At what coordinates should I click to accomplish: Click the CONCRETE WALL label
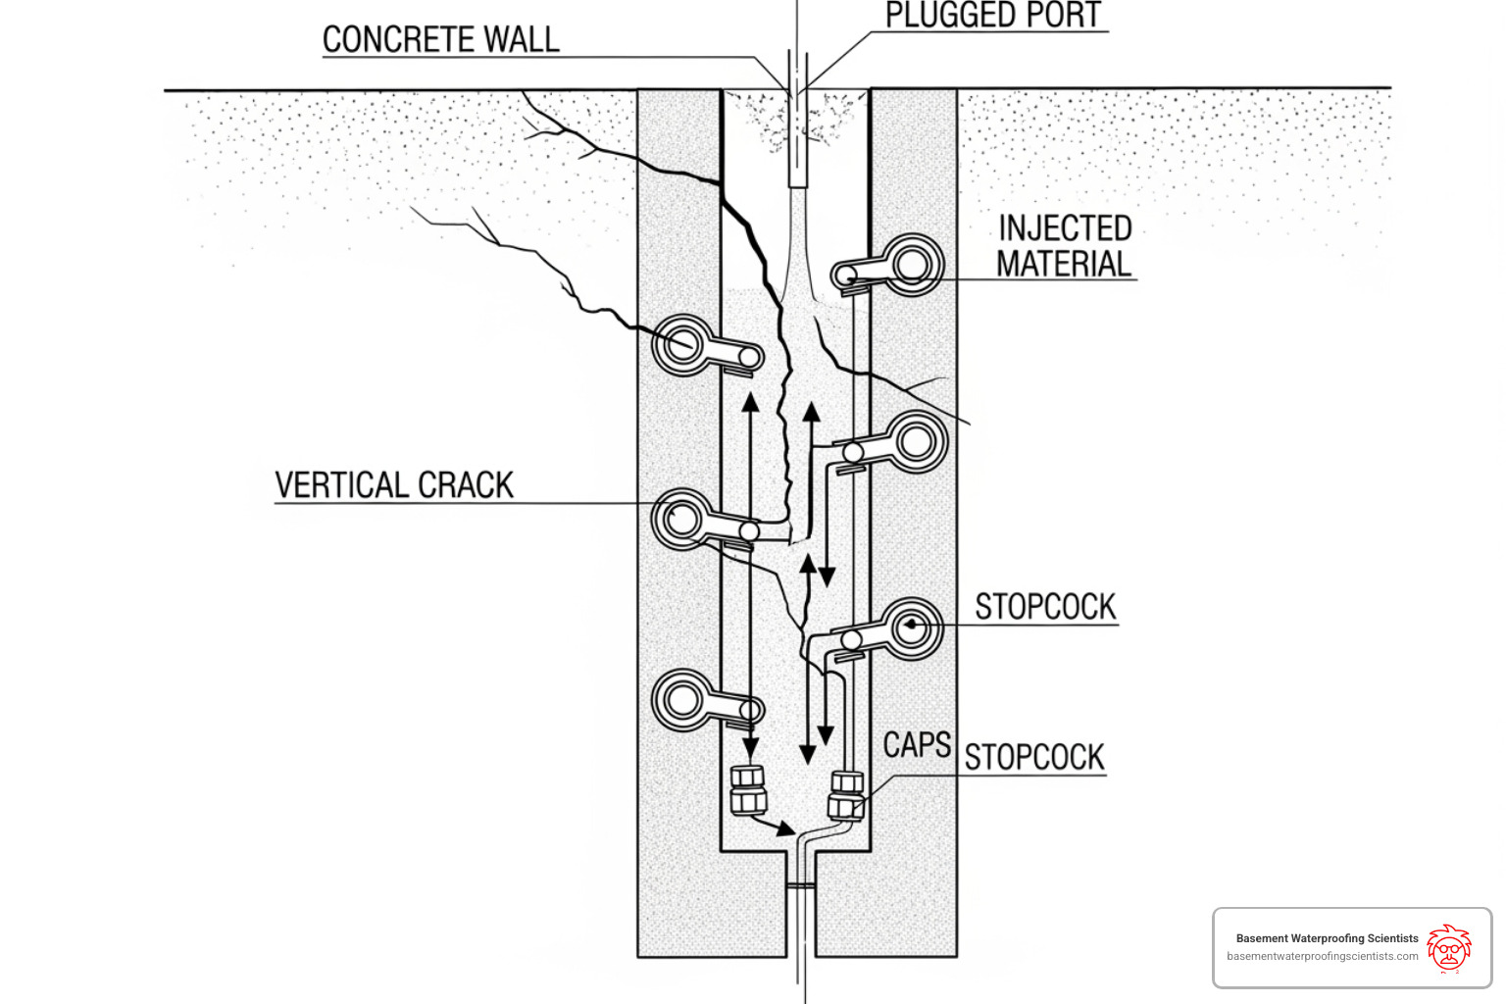point(440,40)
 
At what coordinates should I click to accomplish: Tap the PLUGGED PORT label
point(992,16)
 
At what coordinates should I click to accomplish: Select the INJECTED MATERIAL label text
point(1064,246)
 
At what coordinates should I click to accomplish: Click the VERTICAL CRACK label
point(394,485)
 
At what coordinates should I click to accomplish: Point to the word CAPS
point(916,745)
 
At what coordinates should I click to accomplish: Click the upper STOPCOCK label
point(1045,607)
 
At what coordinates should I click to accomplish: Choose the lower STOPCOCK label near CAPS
point(1034,757)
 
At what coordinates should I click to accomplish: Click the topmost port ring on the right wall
point(913,264)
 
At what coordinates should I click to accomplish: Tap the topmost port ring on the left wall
point(682,345)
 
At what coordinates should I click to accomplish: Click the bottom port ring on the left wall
point(682,700)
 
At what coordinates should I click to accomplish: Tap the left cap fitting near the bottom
point(748,790)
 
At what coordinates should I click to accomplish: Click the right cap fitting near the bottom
point(846,795)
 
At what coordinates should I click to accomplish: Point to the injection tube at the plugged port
point(797,137)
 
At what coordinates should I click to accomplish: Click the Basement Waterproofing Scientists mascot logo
point(1448,947)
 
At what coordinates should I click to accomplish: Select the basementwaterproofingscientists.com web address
point(1322,956)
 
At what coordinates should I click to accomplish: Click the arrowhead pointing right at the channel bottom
point(786,829)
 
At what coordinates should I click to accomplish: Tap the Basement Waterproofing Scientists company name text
point(1327,938)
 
